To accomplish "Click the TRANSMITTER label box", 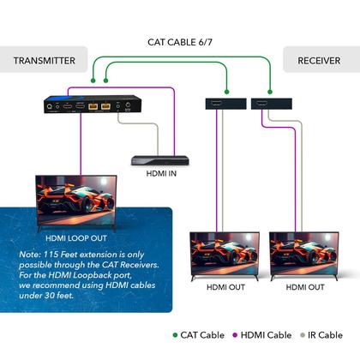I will [x=45, y=61].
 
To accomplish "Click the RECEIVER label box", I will [x=318, y=61].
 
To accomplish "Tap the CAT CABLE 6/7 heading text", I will [x=180, y=41].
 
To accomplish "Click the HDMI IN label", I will [x=162, y=175].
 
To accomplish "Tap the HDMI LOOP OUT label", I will [x=76, y=241].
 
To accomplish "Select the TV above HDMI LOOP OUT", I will [x=76, y=201].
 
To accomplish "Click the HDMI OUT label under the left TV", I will [x=225, y=286].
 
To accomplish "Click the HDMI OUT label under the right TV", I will [x=304, y=286].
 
